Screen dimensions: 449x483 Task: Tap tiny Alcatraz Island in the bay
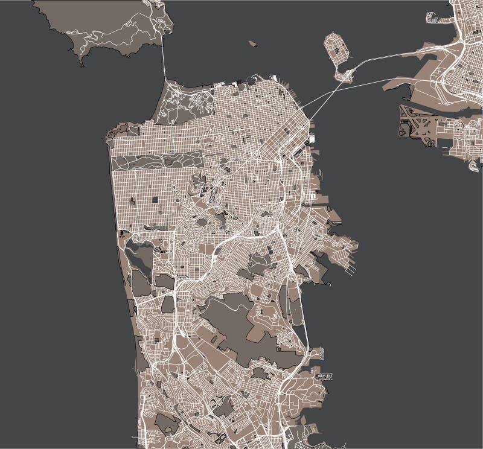click(252, 43)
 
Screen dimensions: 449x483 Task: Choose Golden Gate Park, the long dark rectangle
click(157, 161)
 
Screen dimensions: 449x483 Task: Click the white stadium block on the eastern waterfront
click(312, 139)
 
